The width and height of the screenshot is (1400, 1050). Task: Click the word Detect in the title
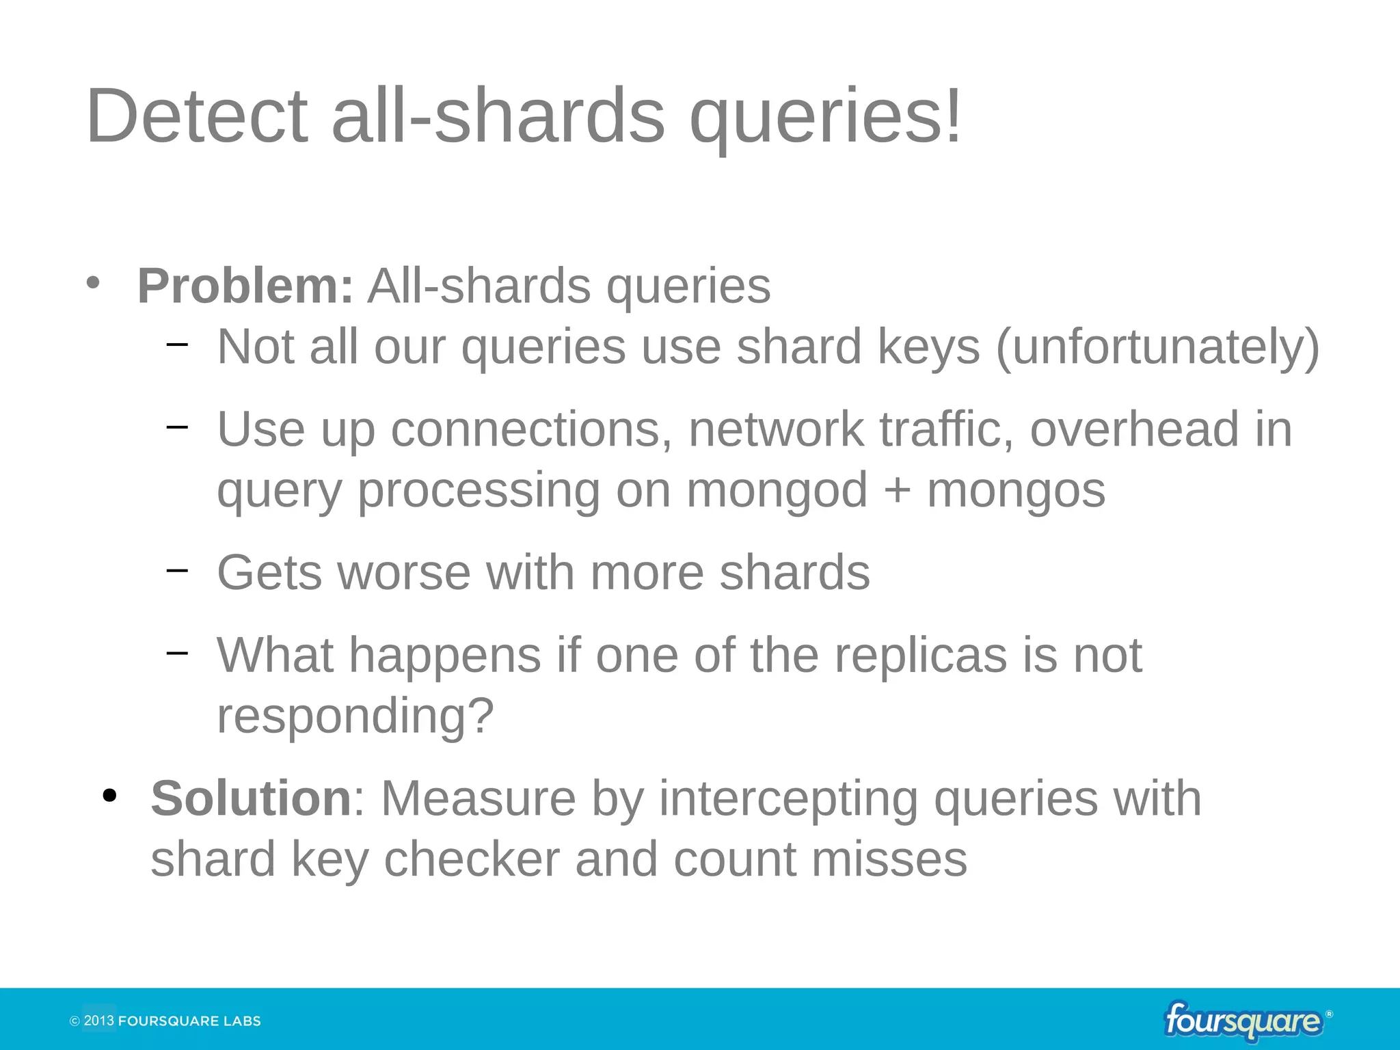tap(197, 116)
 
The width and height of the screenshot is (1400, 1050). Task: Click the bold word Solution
tap(251, 798)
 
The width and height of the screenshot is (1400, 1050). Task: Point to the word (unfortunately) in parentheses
tap(1157, 347)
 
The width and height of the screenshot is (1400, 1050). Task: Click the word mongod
tap(777, 490)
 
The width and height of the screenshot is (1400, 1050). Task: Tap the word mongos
tap(1016, 492)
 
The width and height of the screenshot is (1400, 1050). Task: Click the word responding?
tap(355, 716)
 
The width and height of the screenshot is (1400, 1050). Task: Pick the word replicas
tap(921, 655)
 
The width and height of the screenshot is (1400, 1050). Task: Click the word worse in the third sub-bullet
tap(404, 572)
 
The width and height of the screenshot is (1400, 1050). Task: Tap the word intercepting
tap(788, 798)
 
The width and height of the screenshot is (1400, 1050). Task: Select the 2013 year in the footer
tap(98, 1021)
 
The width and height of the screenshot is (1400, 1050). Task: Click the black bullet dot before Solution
tap(109, 796)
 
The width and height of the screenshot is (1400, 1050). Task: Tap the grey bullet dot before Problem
tap(94, 282)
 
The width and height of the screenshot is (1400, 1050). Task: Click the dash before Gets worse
tap(177, 569)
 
